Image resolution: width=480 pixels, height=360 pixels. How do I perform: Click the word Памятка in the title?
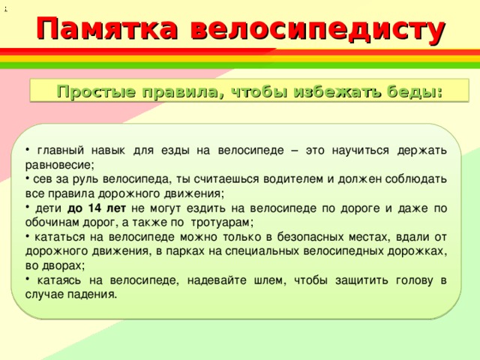click(107, 28)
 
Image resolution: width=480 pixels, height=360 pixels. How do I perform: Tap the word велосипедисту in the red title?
click(318, 30)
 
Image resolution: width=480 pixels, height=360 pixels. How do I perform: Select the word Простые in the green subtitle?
click(96, 91)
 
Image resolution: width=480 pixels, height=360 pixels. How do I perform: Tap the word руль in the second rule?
click(85, 179)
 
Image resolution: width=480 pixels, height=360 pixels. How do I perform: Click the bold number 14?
click(94, 208)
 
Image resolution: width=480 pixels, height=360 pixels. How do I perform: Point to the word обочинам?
click(52, 222)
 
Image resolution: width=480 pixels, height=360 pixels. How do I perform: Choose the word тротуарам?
click(222, 223)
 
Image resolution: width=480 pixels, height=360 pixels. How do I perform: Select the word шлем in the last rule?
click(270, 280)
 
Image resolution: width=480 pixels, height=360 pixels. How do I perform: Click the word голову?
click(415, 280)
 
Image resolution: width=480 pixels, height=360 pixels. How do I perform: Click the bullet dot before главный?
click(27, 150)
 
